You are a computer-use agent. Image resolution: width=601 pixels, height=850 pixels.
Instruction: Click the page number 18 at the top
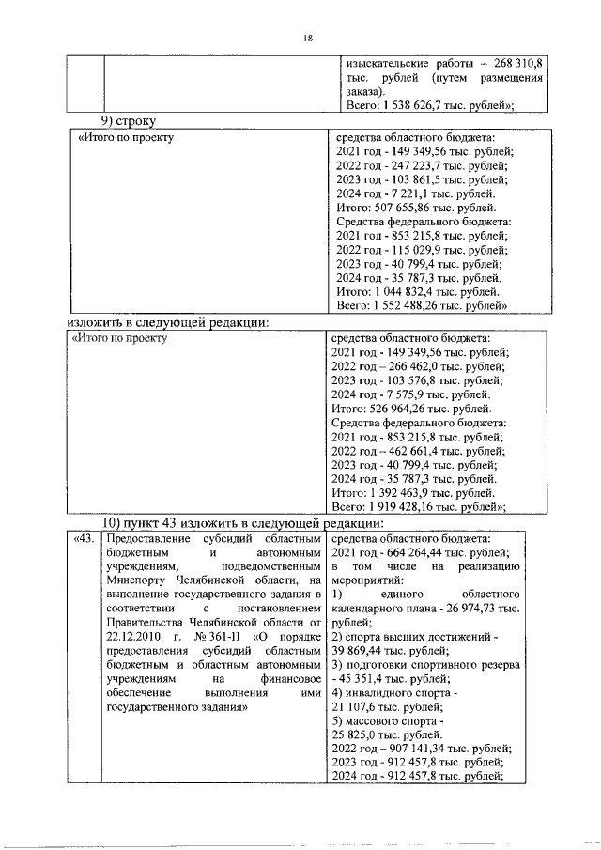307,38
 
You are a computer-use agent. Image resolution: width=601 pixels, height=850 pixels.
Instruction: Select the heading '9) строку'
129,121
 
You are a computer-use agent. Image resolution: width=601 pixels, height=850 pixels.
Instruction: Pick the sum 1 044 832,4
408,292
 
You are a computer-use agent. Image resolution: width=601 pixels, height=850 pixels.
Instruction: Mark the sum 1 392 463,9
408,493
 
